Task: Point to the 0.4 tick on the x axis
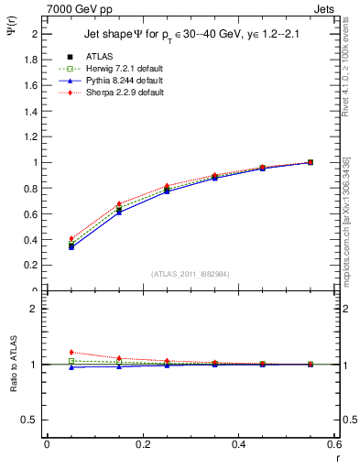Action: pyautogui.click(x=239, y=444)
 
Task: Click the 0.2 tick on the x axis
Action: pyautogui.click(x=143, y=444)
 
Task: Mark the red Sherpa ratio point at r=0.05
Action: pyautogui.click(x=71, y=352)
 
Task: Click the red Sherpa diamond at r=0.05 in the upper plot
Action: pyautogui.click(x=71, y=238)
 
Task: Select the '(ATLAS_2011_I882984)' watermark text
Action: pyautogui.click(x=191, y=275)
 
